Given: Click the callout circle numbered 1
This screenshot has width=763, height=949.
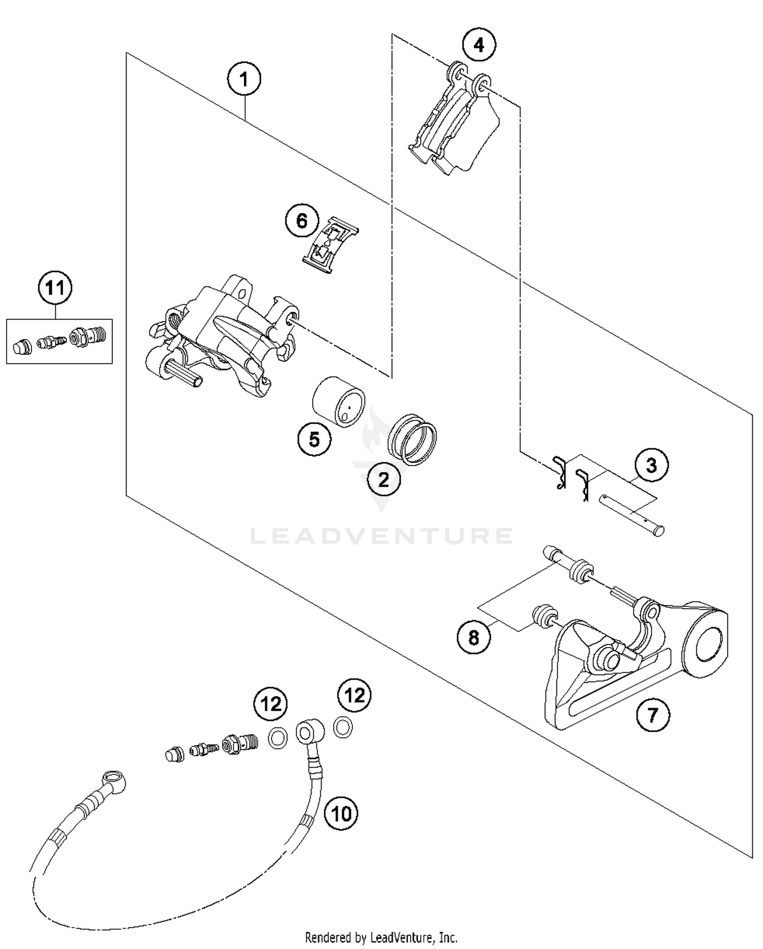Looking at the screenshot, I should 244,79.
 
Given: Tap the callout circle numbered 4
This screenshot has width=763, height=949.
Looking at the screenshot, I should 479,45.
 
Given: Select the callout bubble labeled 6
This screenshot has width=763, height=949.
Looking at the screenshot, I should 302,221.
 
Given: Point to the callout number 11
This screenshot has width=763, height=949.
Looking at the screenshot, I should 55,288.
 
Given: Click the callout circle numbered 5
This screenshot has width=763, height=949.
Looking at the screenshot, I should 314,438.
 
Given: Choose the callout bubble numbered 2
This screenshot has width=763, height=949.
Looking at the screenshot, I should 384,479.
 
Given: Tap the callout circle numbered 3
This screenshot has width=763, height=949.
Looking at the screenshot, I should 651,465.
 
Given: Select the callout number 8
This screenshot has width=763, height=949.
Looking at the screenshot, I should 474,637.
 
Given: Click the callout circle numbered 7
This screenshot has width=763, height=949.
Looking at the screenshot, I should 653,715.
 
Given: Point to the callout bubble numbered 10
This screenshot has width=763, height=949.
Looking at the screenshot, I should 341,813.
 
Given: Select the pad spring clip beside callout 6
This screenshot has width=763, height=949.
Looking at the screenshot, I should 330,245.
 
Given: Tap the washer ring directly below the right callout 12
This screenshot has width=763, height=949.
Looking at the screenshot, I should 343,727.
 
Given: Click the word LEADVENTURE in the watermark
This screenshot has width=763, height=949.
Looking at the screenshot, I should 382,536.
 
